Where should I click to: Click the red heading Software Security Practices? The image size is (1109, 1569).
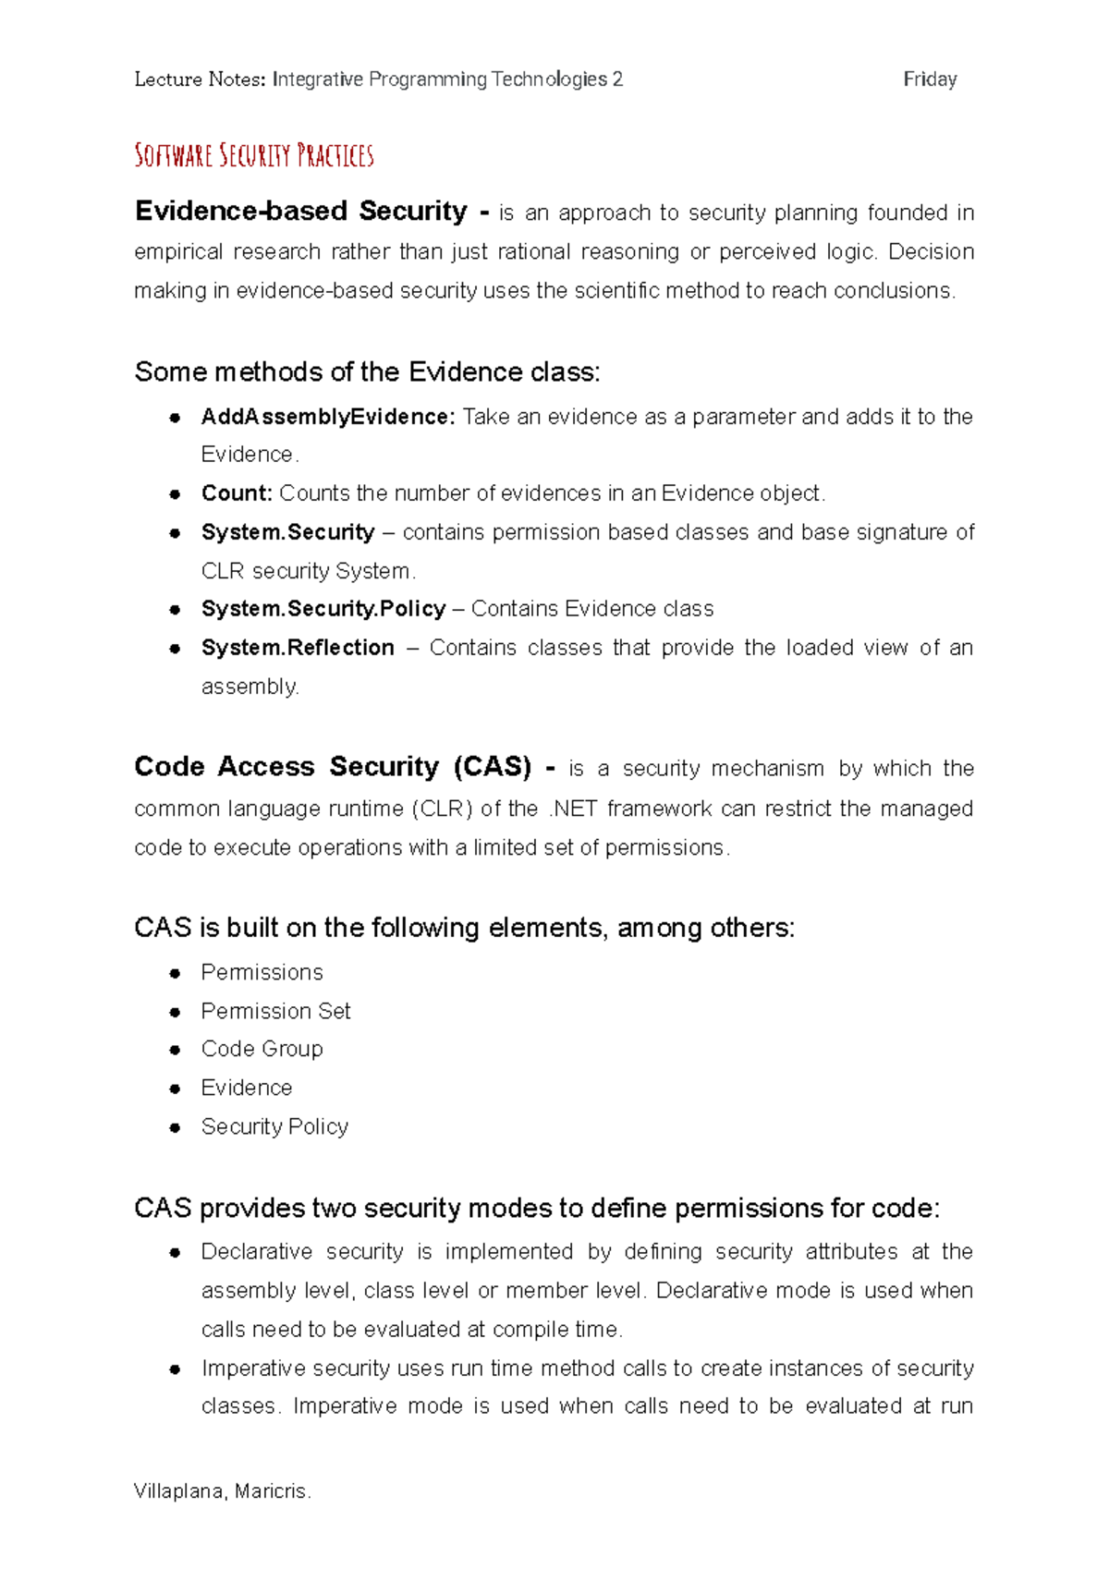point(254,155)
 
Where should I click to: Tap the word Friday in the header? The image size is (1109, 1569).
point(930,79)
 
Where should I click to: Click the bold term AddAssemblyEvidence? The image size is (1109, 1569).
point(328,417)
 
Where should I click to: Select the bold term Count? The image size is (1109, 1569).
point(237,493)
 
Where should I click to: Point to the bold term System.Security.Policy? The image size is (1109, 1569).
point(323,609)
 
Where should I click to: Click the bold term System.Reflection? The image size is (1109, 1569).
point(298,648)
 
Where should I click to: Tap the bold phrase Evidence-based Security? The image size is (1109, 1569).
point(301,212)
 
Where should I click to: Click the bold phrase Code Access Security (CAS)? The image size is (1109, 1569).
point(333,767)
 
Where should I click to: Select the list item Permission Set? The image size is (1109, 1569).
point(275,1011)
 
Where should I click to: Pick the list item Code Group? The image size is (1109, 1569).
point(262,1049)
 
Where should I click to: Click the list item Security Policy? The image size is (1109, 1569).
point(274,1126)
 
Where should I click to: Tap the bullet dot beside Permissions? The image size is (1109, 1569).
point(175,973)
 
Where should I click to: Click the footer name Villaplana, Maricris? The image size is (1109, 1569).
point(222,1491)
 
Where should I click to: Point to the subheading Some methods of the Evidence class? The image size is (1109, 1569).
point(367,372)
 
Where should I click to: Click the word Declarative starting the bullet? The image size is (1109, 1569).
point(257,1252)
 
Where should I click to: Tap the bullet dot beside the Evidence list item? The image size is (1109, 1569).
point(175,1089)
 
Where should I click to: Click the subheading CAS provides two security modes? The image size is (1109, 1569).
point(536,1209)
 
